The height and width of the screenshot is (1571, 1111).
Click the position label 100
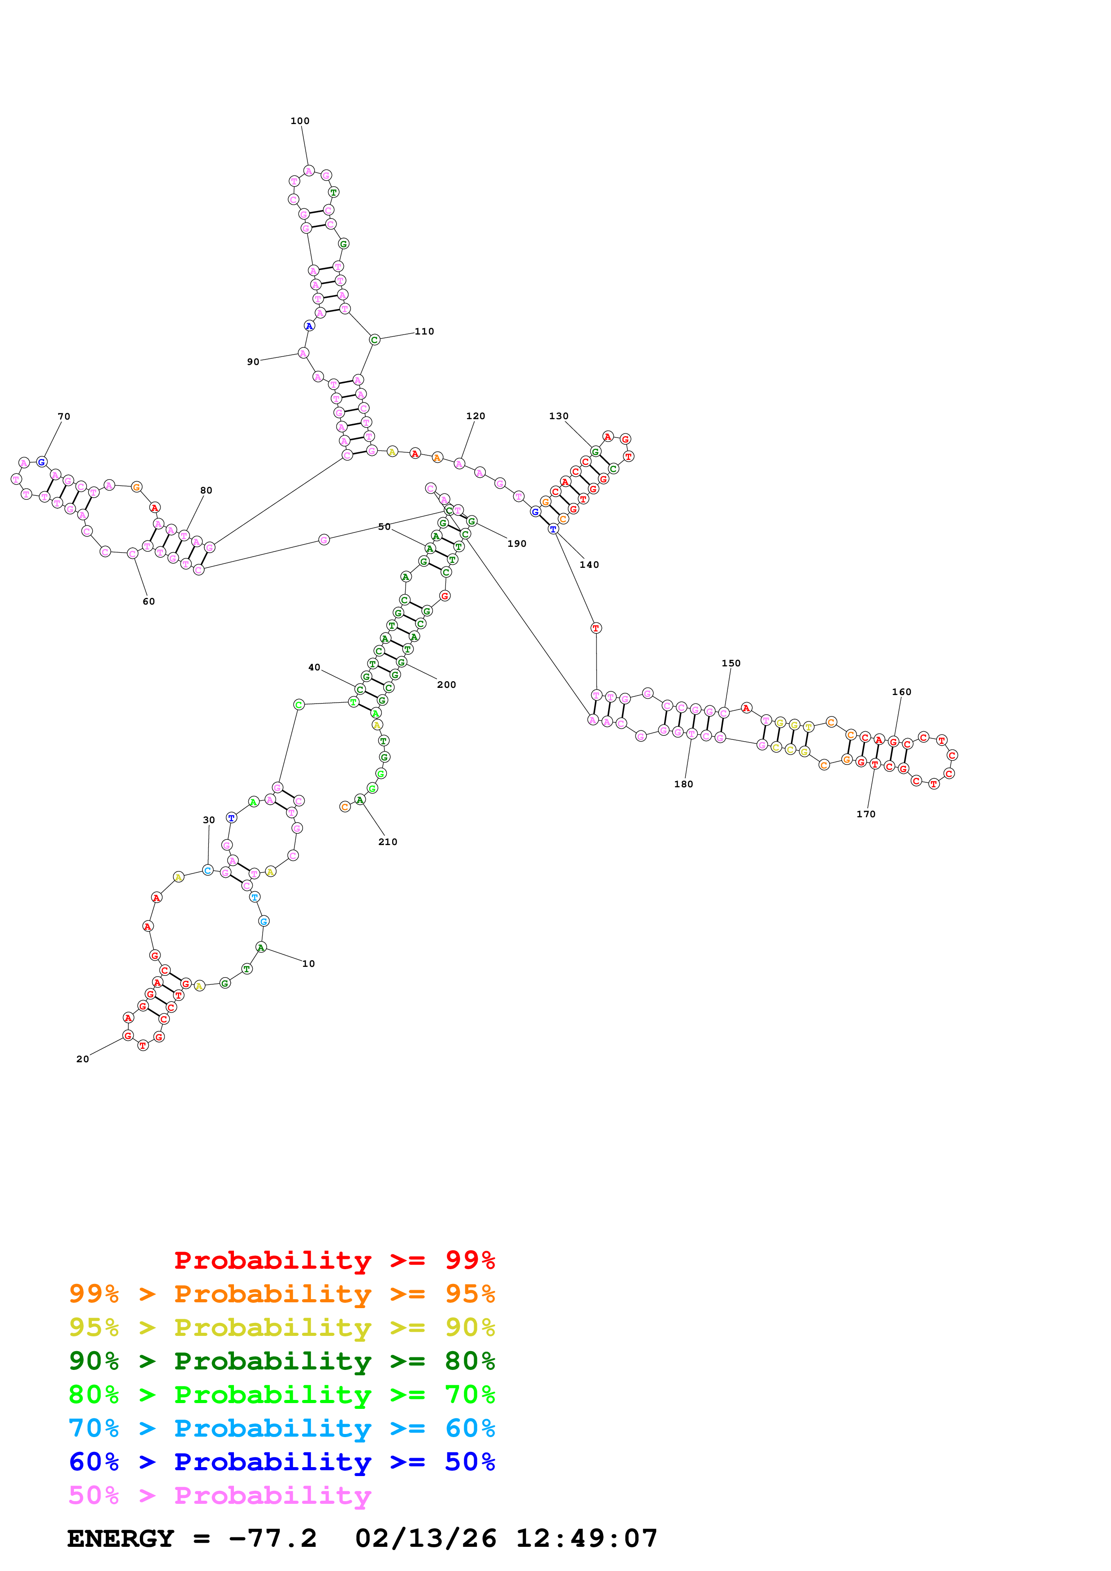coord(300,121)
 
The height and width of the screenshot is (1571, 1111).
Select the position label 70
coord(64,416)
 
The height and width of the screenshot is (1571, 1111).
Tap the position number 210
coord(388,841)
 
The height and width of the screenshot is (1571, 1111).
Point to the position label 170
coord(865,814)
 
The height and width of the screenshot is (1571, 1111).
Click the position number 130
coord(558,416)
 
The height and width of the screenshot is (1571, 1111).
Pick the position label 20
coord(82,1059)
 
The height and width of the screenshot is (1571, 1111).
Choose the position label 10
coord(309,963)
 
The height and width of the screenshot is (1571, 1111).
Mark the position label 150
coord(731,663)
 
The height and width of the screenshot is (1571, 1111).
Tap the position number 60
coord(148,601)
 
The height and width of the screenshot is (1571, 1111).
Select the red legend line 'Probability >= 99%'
coord(334,1260)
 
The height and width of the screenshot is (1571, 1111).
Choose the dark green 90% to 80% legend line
coord(281,1361)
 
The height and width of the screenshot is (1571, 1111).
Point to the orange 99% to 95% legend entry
coord(281,1294)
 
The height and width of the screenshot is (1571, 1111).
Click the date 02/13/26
coord(425,1538)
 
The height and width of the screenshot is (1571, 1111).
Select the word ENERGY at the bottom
coord(121,1538)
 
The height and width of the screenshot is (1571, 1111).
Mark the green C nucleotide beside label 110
coord(374,339)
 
